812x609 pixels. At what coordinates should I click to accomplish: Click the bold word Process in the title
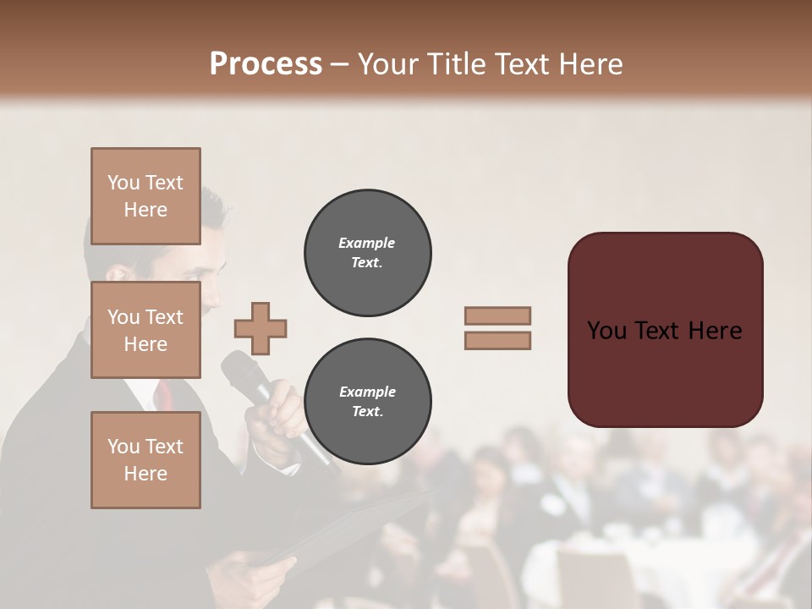(x=266, y=64)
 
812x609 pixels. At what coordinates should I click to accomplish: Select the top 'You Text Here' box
(x=145, y=196)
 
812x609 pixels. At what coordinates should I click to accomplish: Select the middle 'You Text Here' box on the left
(x=145, y=330)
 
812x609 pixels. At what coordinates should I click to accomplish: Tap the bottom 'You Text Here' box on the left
(x=145, y=459)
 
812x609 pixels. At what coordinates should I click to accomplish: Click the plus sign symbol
(x=261, y=328)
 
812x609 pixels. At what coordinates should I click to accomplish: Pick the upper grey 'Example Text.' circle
(x=367, y=252)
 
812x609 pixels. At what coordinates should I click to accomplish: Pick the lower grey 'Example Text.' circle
(x=367, y=401)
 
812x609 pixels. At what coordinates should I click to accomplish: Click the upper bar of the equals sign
(x=497, y=315)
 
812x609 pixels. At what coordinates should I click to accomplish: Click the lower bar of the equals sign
(x=497, y=340)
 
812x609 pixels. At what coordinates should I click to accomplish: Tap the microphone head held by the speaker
(x=239, y=370)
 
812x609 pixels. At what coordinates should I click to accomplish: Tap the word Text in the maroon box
(x=665, y=331)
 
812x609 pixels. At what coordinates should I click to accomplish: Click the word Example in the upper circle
(x=367, y=243)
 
